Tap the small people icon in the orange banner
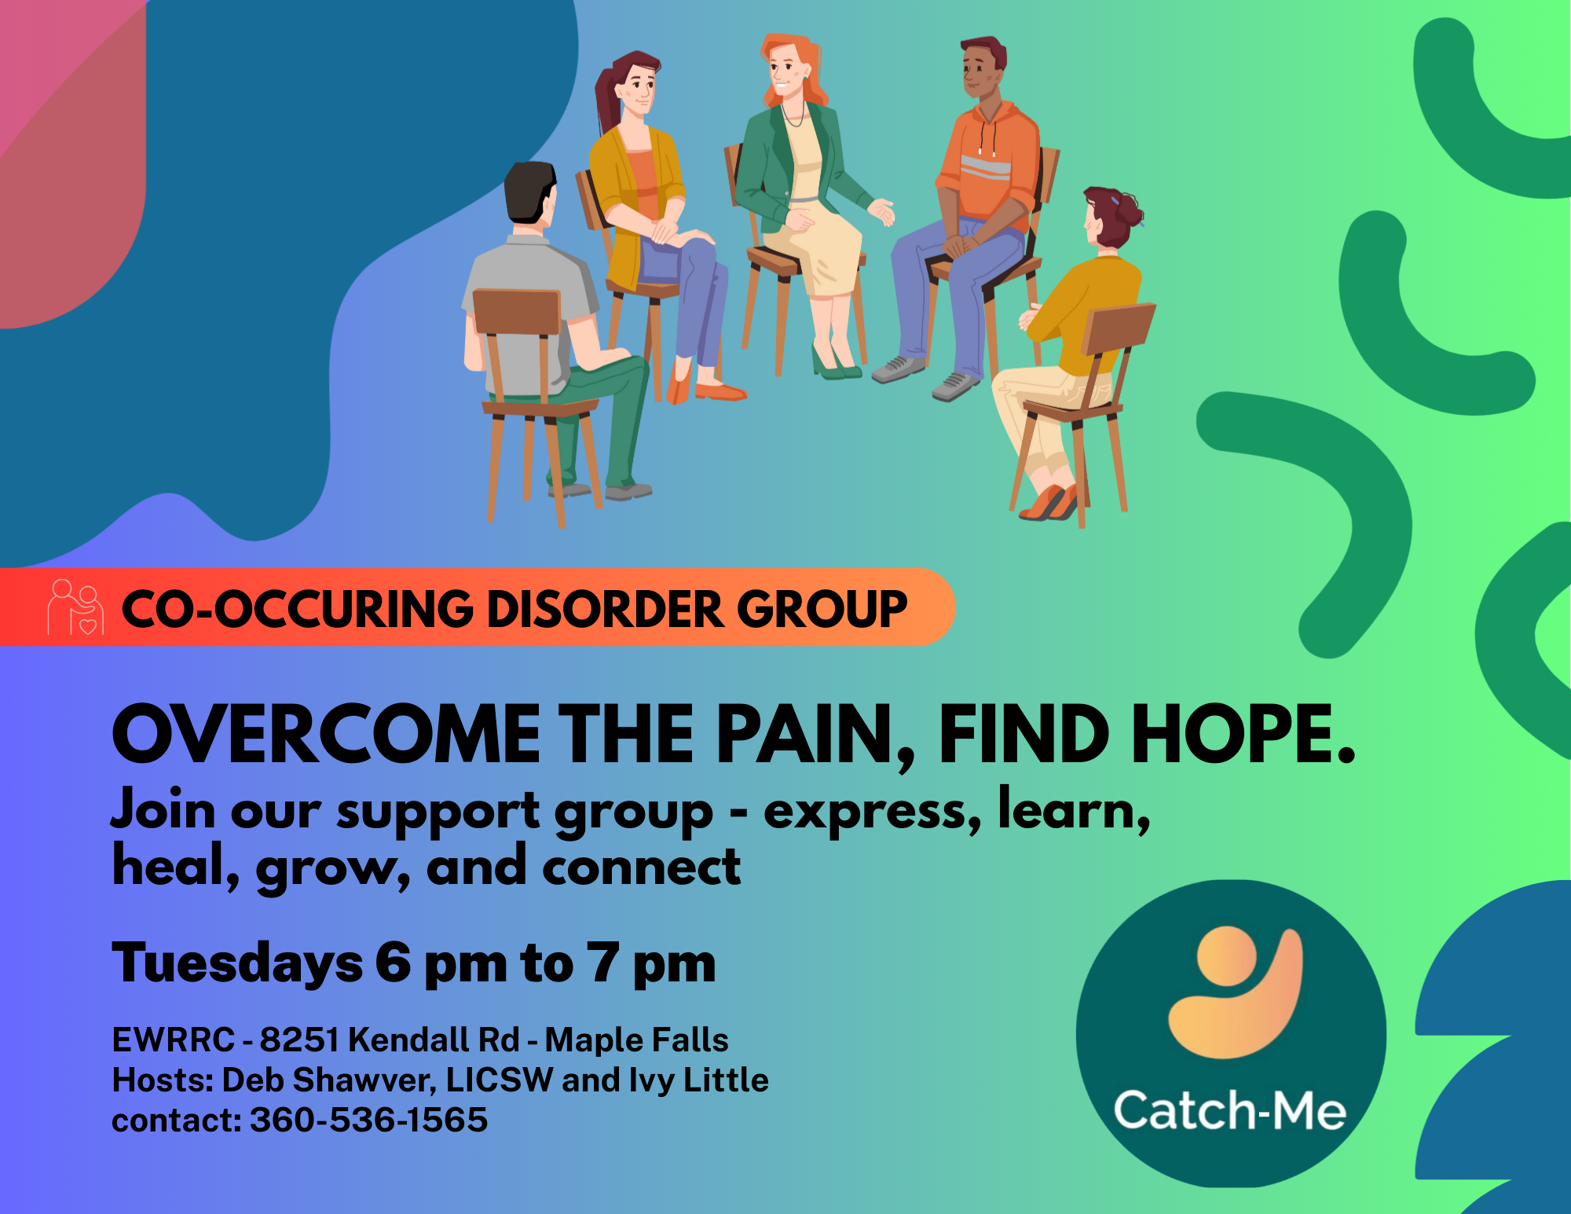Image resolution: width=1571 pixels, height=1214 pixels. point(75,607)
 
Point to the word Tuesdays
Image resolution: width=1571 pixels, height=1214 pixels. point(237,964)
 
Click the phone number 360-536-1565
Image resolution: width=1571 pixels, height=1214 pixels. point(368,1120)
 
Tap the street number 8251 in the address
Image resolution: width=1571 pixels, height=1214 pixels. point(299,1040)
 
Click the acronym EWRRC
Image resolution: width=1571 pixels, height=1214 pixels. point(174,1040)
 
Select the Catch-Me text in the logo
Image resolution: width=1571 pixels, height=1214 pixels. point(1230,1110)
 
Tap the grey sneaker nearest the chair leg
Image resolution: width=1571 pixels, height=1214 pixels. point(955,386)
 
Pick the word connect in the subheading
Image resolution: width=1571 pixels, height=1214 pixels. point(641,867)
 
